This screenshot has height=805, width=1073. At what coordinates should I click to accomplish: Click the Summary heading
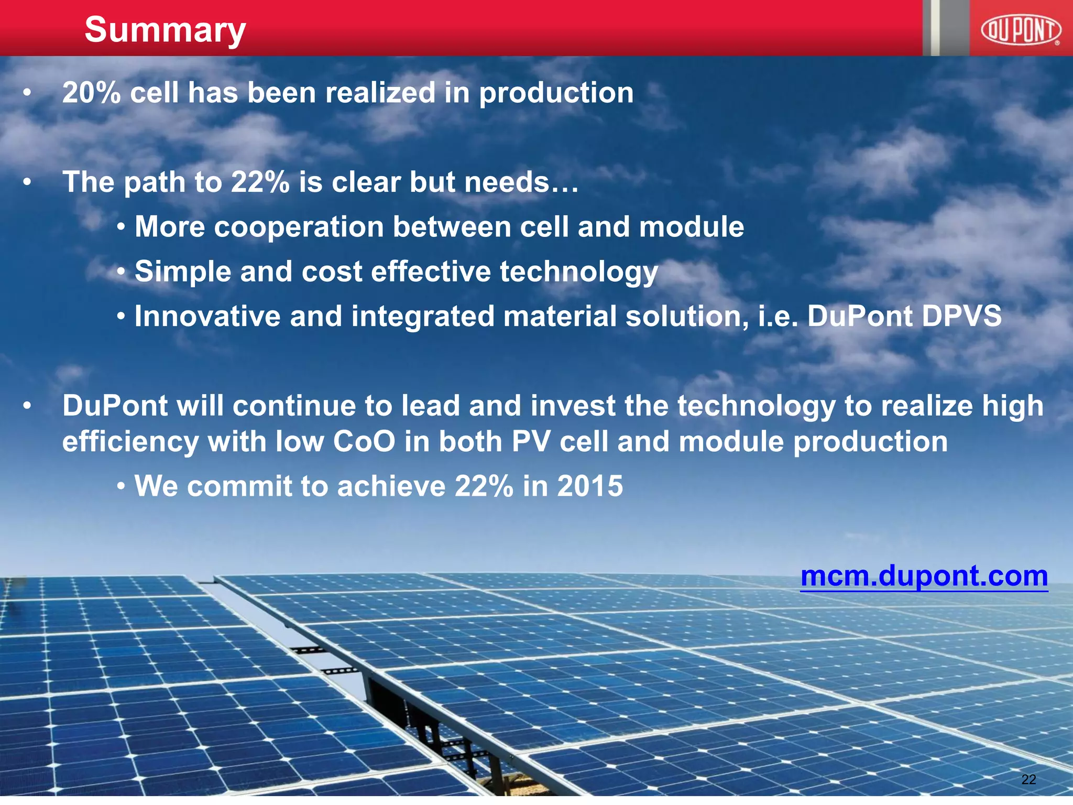(x=165, y=30)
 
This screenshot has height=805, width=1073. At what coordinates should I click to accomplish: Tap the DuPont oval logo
(x=1021, y=30)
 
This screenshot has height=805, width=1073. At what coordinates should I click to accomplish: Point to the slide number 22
(x=1028, y=779)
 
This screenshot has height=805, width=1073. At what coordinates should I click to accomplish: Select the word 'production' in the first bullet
(x=556, y=94)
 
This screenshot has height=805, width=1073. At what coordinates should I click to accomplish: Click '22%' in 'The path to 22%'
(x=260, y=182)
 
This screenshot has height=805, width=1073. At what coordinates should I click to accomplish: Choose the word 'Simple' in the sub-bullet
(x=183, y=272)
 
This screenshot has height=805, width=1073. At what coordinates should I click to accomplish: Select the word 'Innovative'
(x=207, y=317)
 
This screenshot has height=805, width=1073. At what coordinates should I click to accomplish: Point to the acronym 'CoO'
(x=364, y=441)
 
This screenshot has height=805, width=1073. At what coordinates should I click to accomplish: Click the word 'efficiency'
(x=130, y=442)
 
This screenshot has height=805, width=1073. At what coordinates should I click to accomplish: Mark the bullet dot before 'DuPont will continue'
(x=27, y=406)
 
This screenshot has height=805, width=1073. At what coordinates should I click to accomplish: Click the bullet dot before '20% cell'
(x=27, y=94)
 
